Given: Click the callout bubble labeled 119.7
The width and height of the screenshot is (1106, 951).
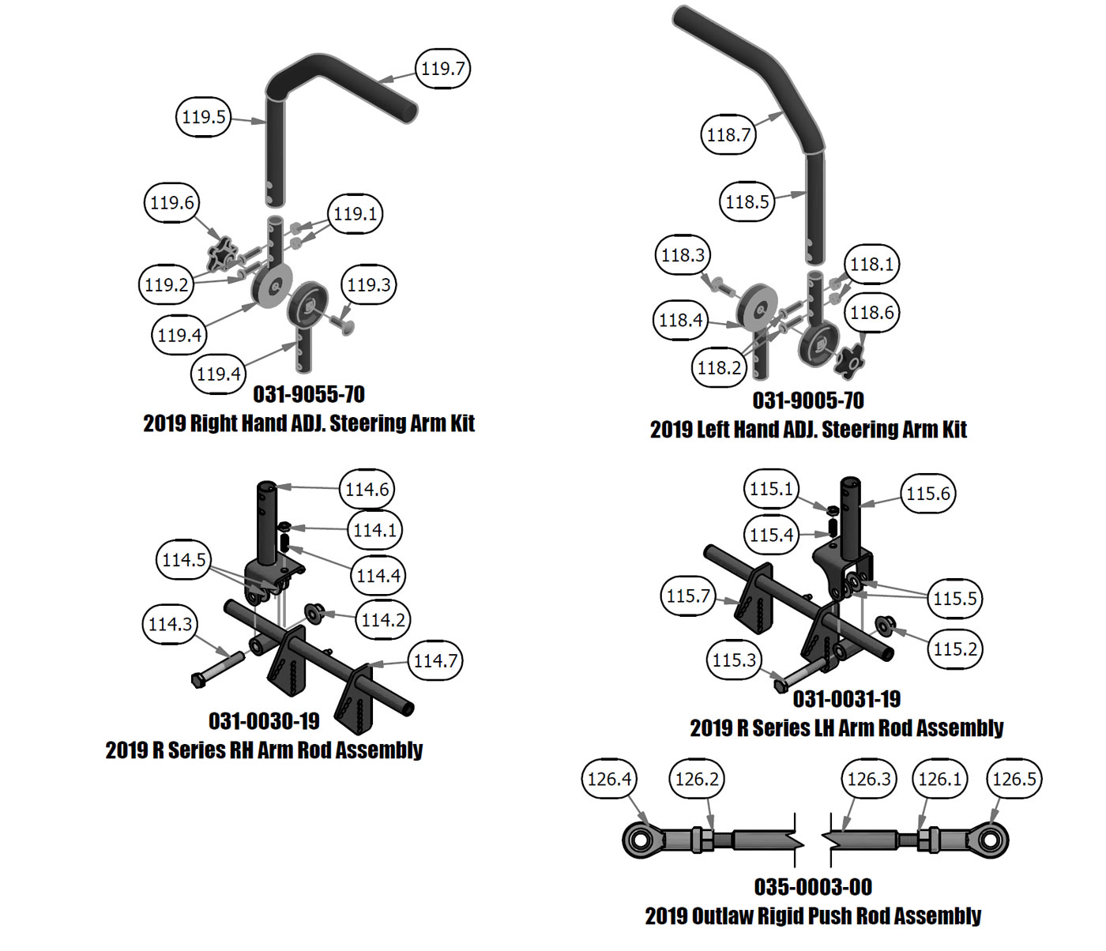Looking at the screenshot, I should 442,69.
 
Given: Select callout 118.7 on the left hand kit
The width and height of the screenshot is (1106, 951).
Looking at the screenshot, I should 728,135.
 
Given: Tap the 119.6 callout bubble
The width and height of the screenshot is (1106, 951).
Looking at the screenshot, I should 171,203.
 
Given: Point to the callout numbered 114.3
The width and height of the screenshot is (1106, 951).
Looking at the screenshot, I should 170,625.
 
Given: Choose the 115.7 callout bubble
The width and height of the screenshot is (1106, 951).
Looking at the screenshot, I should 688,596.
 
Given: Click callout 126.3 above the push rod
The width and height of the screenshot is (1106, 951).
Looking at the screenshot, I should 869,779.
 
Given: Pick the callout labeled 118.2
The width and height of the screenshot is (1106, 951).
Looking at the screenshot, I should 719,367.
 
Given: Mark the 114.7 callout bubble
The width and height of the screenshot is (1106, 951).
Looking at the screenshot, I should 435,660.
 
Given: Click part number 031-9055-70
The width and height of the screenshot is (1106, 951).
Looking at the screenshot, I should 309,394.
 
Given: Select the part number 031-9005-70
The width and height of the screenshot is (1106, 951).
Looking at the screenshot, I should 808,400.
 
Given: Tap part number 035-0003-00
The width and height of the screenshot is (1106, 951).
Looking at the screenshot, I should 813,887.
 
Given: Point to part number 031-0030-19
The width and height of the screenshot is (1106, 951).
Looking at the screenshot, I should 264,721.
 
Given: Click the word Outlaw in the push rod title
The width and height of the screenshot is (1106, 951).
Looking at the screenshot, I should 722,916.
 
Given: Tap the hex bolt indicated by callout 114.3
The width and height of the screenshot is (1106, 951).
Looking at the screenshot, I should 201,678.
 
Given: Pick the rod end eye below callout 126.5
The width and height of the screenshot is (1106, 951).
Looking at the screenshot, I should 991,838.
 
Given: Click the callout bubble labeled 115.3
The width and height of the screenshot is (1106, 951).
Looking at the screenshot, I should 734,660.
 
